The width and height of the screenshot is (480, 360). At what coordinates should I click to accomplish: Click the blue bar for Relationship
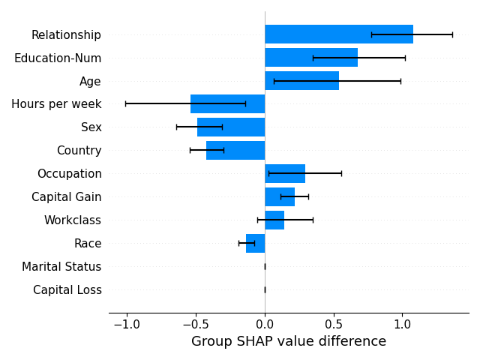(339, 34)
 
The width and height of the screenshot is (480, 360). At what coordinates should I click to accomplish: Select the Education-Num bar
(311, 58)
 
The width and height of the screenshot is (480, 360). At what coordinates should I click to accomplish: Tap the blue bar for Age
(301, 81)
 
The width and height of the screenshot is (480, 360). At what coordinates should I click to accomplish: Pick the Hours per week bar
(228, 104)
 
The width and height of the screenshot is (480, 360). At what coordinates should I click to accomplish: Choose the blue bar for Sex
(231, 127)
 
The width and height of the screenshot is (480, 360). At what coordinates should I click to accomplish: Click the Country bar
(235, 150)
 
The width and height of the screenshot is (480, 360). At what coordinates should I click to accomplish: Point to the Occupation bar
(285, 173)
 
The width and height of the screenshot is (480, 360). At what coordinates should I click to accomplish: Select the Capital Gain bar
(280, 196)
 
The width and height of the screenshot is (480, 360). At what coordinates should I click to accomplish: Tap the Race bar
(256, 243)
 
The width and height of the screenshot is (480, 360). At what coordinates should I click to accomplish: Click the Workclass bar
(274, 220)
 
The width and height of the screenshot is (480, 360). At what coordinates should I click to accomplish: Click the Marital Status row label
(61, 267)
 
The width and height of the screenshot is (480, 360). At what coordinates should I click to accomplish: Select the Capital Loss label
(67, 290)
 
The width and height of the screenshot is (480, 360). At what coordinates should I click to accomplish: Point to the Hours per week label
(56, 104)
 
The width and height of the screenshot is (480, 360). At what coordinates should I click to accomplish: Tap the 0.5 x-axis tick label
(334, 325)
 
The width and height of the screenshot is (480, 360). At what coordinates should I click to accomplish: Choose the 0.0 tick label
(265, 325)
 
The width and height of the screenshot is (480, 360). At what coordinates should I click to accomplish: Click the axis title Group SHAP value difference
(289, 341)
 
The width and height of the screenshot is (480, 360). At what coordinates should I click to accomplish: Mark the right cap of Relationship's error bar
(452, 34)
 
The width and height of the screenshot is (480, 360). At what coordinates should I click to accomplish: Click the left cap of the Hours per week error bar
(125, 104)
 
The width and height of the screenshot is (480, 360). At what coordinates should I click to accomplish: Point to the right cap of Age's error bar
(400, 81)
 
